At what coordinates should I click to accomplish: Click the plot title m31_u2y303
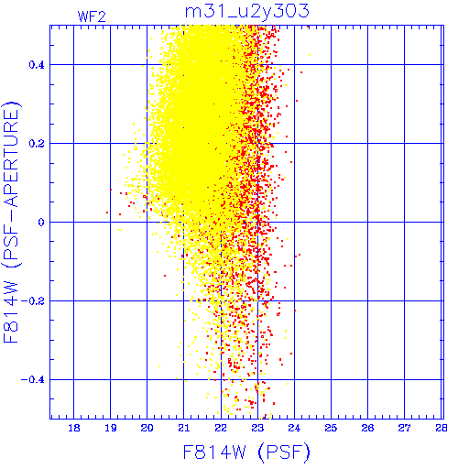[247, 11]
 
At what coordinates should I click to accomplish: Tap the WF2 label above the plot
[92, 16]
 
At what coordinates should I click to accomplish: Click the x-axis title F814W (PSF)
[246, 452]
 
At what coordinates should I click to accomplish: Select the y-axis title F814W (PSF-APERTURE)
[11, 222]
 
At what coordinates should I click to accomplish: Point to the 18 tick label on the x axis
[74, 428]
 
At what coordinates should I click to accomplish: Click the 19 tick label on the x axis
[111, 428]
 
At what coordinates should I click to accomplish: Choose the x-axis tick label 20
[147, 428]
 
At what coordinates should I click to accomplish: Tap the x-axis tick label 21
[184, 428]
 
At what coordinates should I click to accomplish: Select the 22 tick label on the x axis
[221, 428]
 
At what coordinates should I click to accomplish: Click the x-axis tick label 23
[257, 428]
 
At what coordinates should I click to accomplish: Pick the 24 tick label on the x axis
[294, 428]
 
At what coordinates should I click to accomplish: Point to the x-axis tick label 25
[331, 428]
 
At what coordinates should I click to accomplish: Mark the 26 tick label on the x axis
[368, 428]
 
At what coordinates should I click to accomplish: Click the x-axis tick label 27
[405, 428]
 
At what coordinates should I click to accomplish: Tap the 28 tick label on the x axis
[442, 428]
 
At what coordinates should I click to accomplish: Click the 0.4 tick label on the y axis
[37, 65]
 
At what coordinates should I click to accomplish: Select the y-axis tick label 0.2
[37, 144]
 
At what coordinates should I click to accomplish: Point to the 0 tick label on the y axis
[41, 223]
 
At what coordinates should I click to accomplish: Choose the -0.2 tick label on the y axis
[33, 301]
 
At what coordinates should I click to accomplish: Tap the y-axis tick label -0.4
[33, 380]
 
